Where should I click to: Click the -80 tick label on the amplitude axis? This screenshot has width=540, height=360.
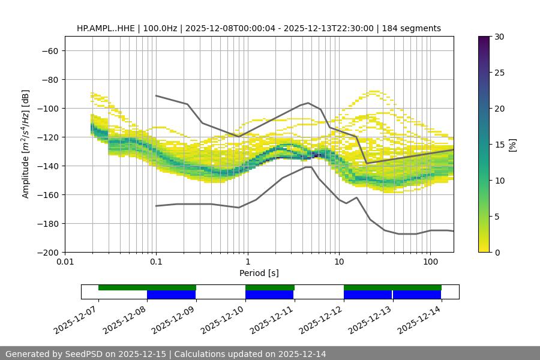pos(49,79)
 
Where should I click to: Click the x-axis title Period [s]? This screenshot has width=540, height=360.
pos(259,274)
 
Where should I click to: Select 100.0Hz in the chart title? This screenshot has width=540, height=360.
pos(160,28)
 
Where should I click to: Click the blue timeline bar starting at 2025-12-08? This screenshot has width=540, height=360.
pos(171,295)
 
